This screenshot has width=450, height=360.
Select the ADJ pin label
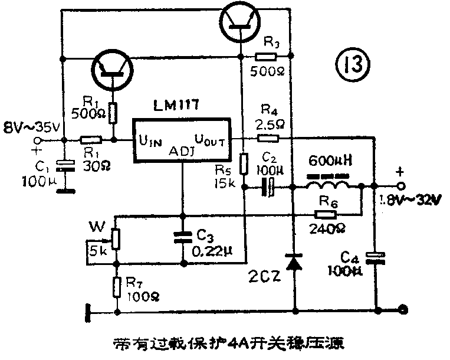click(182, 152)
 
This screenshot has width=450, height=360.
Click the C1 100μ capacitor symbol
click(68, 166)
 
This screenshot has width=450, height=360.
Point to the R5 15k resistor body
click(244, 161)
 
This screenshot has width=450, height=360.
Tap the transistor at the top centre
click(241, 21)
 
